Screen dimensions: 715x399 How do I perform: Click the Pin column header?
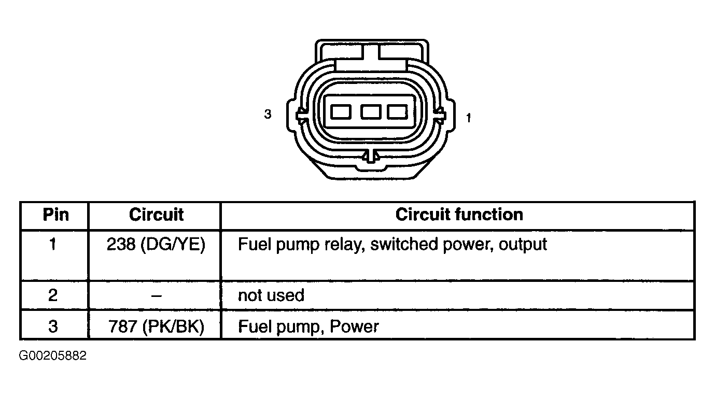click(56, 215)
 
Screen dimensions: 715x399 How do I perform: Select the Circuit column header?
click(156, 215)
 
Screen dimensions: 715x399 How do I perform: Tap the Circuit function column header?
click(459, 215)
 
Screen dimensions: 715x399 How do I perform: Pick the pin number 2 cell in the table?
click(53, 295)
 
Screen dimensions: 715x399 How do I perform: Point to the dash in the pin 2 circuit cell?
click(157, 296)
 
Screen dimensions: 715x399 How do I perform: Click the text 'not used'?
click(271, 295)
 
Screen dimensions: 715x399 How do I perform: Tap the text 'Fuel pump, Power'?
click(309, 327)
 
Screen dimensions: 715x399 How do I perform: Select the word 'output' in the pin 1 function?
click(523, 245)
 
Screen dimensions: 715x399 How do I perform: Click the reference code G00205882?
click(53, 355)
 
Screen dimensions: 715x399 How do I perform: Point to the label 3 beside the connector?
click(268, 114)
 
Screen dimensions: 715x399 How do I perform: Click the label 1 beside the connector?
click(468, 118)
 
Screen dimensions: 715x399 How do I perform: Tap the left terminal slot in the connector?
click(341, 112)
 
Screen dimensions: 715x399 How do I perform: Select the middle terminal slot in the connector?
click(371, 112)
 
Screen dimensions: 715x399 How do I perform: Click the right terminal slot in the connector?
click(397, 112)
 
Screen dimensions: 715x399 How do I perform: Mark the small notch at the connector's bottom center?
click(371, 156)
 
